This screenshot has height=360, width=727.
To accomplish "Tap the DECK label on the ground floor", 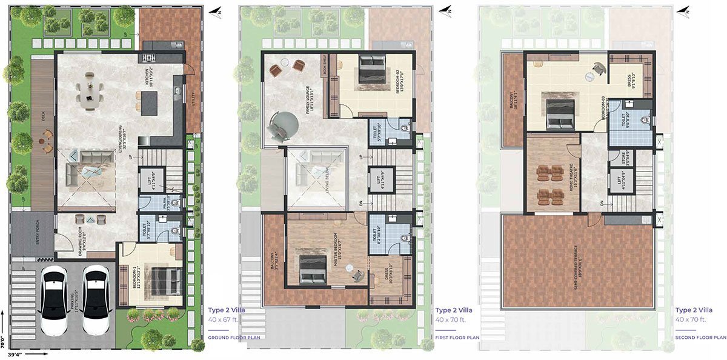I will tap(43, 117).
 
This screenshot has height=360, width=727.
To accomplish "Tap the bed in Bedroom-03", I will tap(560, 113).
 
